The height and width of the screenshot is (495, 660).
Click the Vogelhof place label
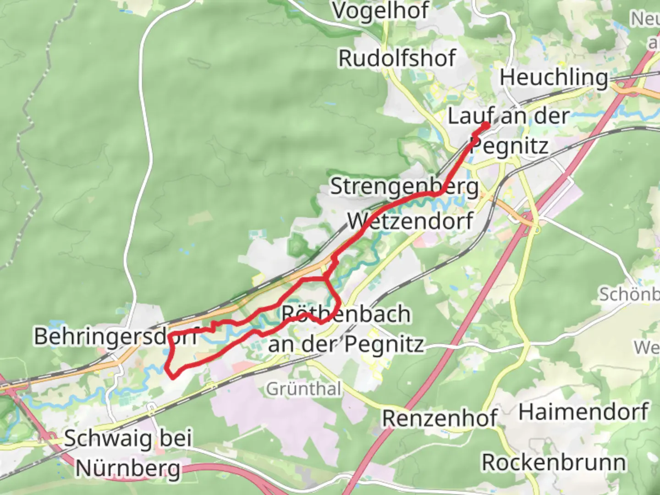pos(381,10)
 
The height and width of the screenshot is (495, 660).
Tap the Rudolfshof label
pos(397,58)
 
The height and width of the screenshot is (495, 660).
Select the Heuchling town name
pos(554,77)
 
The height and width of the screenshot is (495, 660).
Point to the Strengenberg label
pos(404,187)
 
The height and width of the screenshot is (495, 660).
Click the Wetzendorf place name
pos(410,221)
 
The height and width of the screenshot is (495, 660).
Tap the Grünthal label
pos(304,389)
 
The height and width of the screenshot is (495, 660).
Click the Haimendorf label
pos(583,412)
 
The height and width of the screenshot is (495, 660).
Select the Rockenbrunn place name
pos(554,462)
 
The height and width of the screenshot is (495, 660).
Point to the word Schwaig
pos(108,439)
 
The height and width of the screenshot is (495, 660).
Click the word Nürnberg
pos(128,468)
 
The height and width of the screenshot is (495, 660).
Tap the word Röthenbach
pos(346,314)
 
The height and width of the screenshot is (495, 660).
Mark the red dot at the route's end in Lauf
pos(486,125)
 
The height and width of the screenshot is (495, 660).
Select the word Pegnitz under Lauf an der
pos(510,146)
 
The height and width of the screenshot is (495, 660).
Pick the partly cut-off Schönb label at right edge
pos(629,294)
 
